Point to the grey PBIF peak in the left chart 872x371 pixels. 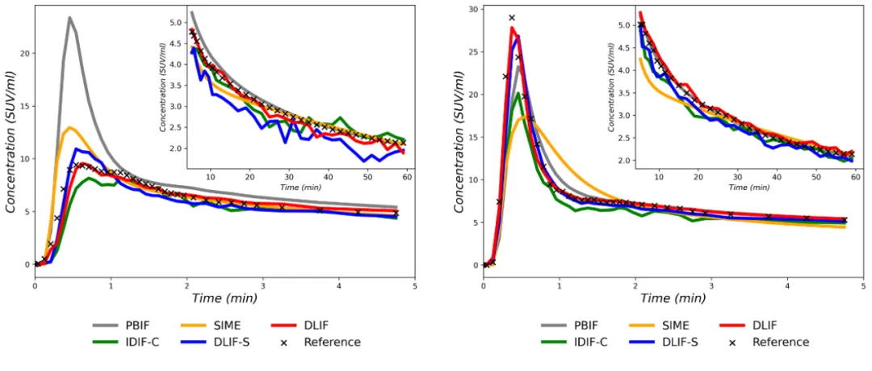[x=70, y=17]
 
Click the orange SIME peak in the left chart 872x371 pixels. [x=71, y=127]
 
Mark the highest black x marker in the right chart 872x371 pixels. [x=511, y=18]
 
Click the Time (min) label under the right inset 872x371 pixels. [x=748, y=187]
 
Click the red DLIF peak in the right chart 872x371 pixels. [x=512, y=27]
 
